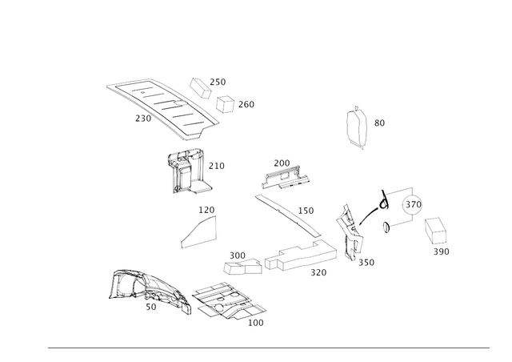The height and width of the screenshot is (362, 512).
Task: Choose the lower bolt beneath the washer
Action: point(394,227)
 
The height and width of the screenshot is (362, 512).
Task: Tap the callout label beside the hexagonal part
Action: point(379,124)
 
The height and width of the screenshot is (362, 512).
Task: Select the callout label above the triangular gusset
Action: point(207,210)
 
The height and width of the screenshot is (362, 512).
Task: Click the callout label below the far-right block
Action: point(441,251)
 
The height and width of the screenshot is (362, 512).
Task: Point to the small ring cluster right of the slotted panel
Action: point(226,103)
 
